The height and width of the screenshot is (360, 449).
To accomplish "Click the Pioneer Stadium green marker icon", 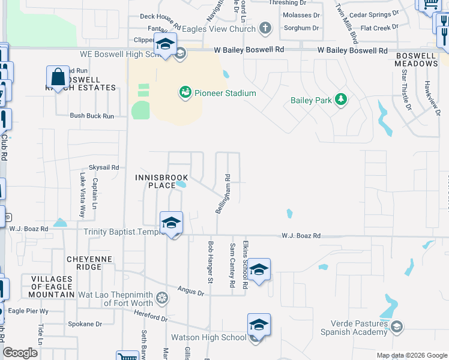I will tap(185, 93).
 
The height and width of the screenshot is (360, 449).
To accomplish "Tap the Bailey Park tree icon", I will tap(341, 100).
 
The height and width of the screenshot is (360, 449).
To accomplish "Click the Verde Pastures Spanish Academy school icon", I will tap(396, 326).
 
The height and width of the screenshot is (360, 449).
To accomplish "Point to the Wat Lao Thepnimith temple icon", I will tap(162, 298).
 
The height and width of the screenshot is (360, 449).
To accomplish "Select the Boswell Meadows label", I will tap(416, 59).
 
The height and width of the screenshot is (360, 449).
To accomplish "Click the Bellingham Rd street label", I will tap(223, 194).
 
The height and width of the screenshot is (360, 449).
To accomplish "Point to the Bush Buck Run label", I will tap(92, 116).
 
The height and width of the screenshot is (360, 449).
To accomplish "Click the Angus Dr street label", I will tap(191, 291).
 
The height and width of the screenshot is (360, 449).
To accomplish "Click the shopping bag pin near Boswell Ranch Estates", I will tap(58, 77).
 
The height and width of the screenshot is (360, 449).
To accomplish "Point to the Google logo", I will tap(20, 353).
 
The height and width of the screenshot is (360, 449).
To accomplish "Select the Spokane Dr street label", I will tap(86, 324).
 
